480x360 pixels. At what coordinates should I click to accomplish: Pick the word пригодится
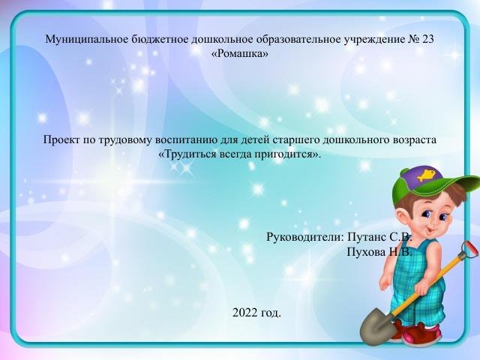click(292, 154)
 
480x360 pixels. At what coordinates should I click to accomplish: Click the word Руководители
click(304, 237)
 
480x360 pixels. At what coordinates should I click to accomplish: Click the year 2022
click(245, 312)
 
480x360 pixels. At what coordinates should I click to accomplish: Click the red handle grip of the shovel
click(469, 247)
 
